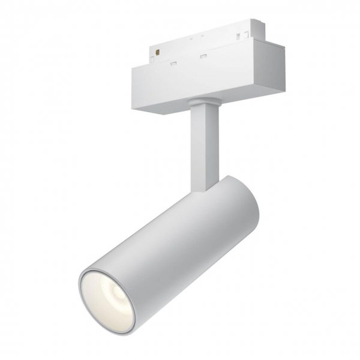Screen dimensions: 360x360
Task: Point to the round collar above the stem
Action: pyautogui.click(x=202, y=103)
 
